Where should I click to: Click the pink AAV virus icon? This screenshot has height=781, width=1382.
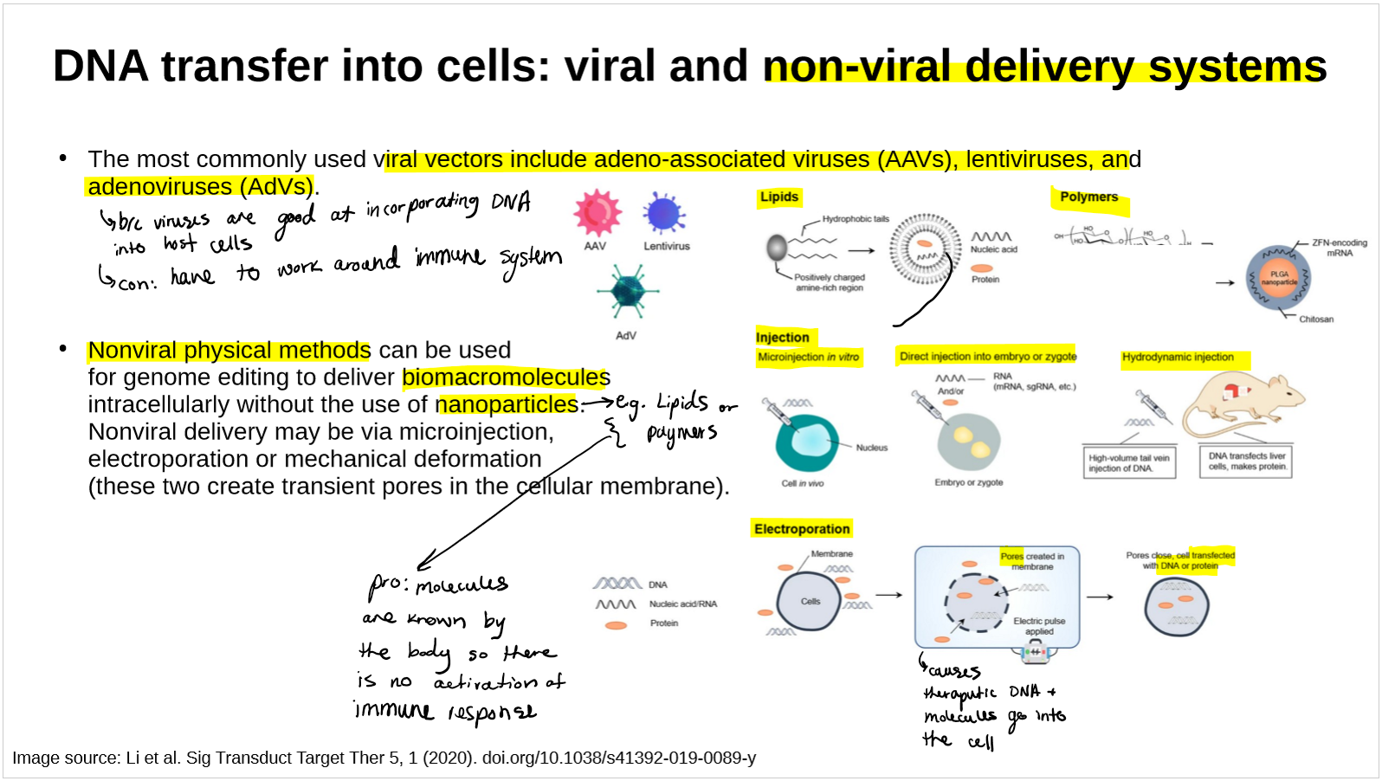click(597, 213)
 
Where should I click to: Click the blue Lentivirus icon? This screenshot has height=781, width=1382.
click(664, 214)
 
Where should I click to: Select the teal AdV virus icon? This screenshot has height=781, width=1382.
click(627, 291)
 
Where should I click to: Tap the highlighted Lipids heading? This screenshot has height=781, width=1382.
click(778, 197)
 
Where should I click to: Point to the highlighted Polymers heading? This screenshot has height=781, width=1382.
click(1088, 197)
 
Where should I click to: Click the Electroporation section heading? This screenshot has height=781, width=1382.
click(801, 529)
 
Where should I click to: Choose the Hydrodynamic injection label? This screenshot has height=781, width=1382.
click(1178, 357)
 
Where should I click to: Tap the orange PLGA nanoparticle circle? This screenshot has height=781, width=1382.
click(1278, 278)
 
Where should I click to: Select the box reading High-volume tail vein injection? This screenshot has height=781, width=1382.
click(1128, 463)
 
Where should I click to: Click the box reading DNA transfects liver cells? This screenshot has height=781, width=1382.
click(1247, 461)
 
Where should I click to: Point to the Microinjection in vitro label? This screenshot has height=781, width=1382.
click(808, 357)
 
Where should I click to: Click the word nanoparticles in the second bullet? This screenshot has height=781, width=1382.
click(507, 404)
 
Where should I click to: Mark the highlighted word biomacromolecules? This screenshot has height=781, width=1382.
click(506, 378)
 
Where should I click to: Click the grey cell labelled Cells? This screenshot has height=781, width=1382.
click(810, 601)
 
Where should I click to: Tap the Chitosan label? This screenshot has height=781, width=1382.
click(1315, 319)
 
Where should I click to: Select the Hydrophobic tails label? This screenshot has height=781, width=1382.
click(855, 219)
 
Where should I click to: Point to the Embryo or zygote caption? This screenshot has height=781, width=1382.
click(968, 482)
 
